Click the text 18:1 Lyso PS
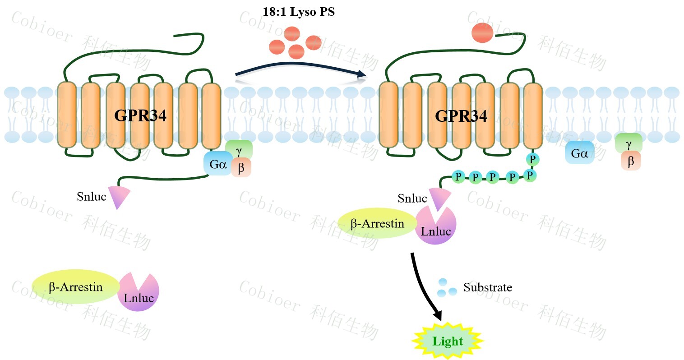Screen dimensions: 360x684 point(298,12)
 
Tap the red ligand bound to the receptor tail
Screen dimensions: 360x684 point(482,33)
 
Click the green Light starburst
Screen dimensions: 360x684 point(448,341)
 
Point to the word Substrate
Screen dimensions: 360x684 point(488,287)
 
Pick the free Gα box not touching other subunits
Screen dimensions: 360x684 point(579,154)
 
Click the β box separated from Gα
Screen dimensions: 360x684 point(631,161)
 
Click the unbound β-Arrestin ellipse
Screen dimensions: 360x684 point(76,287)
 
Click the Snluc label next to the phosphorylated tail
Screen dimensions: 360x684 point(412,198)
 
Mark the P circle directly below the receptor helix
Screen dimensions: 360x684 point(532,159)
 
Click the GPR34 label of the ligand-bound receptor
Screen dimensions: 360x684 point(461,116)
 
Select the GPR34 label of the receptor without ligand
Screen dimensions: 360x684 point(140,115)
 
